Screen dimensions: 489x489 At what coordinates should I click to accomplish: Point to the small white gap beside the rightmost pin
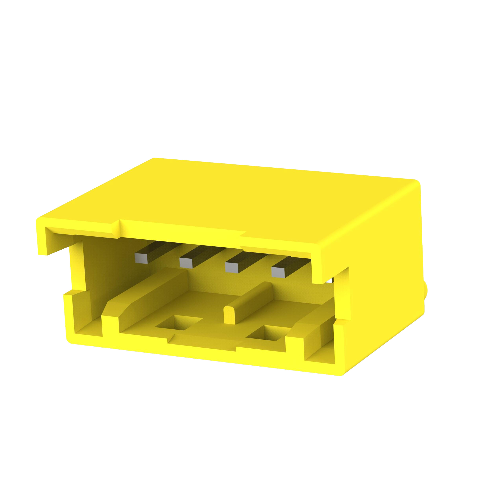[x=330, y=281]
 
